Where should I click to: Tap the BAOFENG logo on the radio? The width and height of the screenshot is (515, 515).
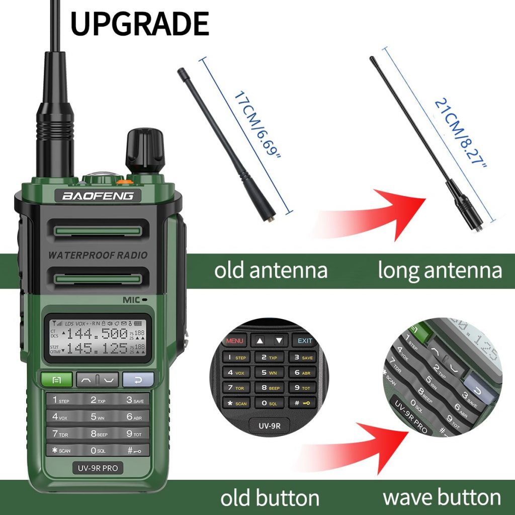(x=98, y=195)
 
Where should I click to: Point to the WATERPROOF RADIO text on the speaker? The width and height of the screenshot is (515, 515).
(x=98, y=255)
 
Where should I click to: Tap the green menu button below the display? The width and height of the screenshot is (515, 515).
(x=56, y=379)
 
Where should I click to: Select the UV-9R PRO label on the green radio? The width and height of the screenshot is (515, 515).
(x=98, y=468)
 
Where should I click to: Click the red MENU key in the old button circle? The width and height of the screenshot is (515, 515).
(x=235, y=340)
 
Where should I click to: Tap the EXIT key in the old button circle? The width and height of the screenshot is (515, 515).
(x=305, y=340)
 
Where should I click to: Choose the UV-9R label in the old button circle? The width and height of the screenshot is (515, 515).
(x=270, y=426)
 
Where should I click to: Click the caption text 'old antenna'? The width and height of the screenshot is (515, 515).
(x=271, y=270)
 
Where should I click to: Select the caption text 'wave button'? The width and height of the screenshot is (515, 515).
(x=442, y=497)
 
